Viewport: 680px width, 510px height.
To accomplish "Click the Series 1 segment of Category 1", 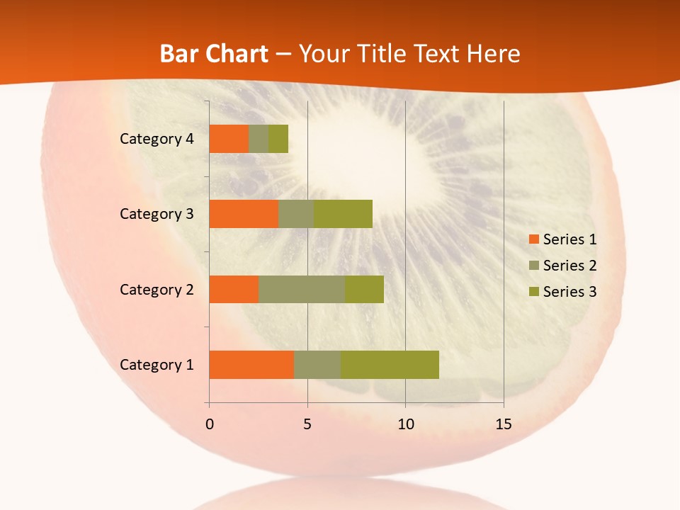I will (251, 364).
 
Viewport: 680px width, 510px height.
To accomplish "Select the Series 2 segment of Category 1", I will (317, 364).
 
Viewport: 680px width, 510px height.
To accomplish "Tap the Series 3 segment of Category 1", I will (390, 364).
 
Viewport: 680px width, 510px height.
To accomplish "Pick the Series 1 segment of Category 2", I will (234, 289).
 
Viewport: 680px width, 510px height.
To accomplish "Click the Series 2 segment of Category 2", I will (302, 289).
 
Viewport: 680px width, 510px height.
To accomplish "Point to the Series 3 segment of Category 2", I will (364, 289).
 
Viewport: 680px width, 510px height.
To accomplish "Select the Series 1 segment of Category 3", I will (244, 214).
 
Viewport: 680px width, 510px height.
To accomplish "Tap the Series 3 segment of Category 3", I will (343, 214).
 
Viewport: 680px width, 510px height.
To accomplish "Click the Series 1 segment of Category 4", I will (229, 139).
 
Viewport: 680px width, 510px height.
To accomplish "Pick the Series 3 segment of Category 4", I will (278, 139).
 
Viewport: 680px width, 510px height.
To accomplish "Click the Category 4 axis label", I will (157, 139).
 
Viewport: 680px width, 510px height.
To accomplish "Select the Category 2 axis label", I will (157, 289).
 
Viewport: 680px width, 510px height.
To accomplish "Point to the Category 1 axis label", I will (157, 365).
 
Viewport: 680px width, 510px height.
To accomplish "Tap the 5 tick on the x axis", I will (307, 424).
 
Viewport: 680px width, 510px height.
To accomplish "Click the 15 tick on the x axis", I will (503, 424).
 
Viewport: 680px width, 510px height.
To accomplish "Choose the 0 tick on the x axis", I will (210, 424).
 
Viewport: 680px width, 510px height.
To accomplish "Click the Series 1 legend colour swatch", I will (533, 239).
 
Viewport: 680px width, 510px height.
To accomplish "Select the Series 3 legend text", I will (569, 292).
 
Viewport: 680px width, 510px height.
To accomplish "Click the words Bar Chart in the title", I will (214, 54).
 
